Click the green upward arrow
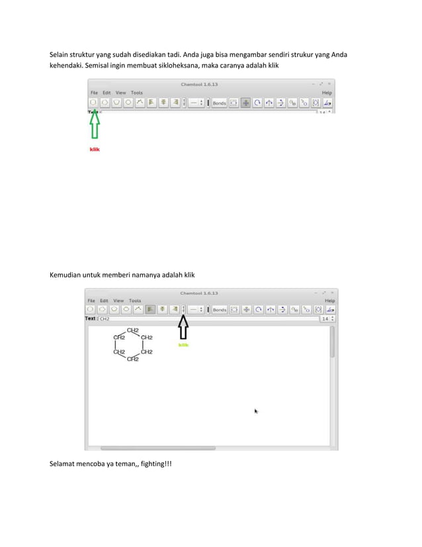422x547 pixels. pyautogui.click(x=94, y=125)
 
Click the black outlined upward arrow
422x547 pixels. pyautogui.click(x=184, y=327)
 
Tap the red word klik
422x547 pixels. pyautogui.click(x=95, y=149)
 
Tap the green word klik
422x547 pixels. pyautogui.click(x=184, y=344)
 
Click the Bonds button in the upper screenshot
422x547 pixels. pyautogui.click(x=219, y=103)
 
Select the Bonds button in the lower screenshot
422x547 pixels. pyautogui.click(x=219, y=309)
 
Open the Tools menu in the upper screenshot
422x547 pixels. pyautogui.click(x=137, y=93)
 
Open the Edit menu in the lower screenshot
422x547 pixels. pyautogui.click(x=105, y=301)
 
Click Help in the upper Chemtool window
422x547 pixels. pyautogui.click(x=327, y=93)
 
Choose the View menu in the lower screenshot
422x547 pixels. pyautogui.click(x=118, y=301)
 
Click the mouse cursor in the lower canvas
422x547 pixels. pyautogui.click(x=256, y=411)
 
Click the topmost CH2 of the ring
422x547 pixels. pyautogui.click(x=133, y=330)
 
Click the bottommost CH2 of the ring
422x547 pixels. pyautogui.click(x=133, y=359)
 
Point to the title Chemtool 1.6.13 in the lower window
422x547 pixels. pyautogui.click(x=199, y=293)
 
